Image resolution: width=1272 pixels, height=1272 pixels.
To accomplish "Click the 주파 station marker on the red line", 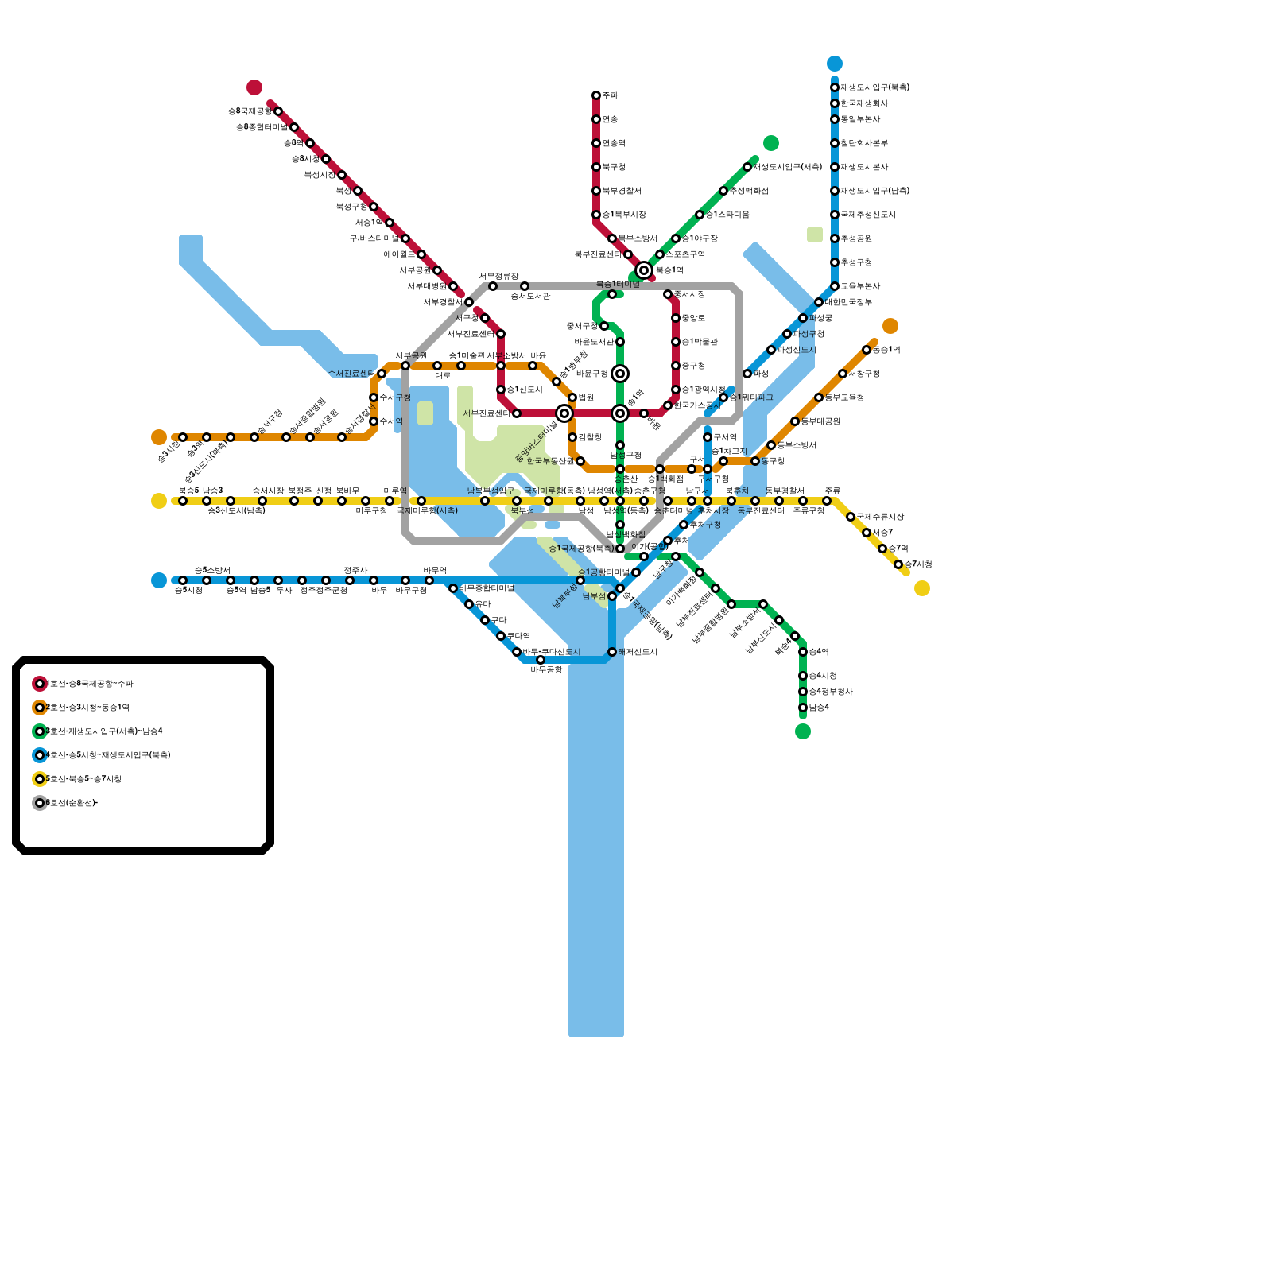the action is point(596,95).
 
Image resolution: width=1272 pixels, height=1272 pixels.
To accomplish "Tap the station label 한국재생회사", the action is point(864,103).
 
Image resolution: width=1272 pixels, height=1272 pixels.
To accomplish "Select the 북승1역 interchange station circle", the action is point(644,270).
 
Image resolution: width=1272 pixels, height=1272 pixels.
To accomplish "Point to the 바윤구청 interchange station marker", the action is point(620,374).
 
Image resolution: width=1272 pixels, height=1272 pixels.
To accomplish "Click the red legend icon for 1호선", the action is point(40,684).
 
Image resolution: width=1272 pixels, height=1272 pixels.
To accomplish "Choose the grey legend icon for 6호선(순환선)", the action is point(40,803).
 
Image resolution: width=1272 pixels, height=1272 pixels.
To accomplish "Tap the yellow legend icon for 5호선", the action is point(40,779).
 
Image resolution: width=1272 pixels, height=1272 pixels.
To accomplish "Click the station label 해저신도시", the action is point(638,652).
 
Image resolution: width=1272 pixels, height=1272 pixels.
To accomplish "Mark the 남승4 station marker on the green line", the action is point(803,708).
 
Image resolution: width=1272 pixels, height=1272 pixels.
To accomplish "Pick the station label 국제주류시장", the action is point(880,517).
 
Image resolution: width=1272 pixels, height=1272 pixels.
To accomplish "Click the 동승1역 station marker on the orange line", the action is point(867,350).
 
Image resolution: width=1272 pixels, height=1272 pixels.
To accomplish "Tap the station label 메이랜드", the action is point(399,254).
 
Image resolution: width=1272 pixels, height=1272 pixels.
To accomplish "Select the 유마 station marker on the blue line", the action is point(469,604).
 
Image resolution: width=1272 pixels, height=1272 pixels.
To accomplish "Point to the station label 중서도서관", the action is point(530,297).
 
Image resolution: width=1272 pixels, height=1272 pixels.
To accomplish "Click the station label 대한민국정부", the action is point(848,302).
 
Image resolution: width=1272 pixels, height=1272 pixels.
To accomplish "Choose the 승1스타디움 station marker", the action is point(700,215).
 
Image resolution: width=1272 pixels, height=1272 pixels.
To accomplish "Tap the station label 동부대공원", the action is point(820,421).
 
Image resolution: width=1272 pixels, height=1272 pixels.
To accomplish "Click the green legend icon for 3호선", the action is point(40,731).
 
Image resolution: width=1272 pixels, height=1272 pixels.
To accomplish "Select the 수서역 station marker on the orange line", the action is point(374,421).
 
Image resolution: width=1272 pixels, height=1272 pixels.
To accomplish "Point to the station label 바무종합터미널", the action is point(487,588).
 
